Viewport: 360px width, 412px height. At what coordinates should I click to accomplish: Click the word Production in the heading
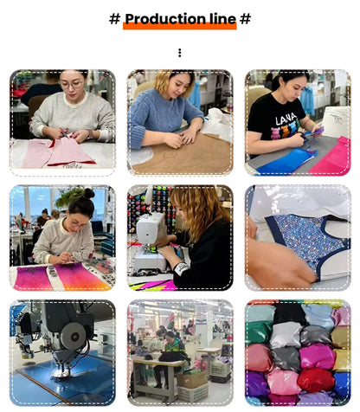point(165,19)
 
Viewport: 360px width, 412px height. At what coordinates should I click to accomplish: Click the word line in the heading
point(222,19)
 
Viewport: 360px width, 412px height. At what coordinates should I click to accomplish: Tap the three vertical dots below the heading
point(180,53)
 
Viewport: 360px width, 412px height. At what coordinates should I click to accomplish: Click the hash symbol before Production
point(114,19)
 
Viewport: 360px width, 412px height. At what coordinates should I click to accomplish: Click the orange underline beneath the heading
point(180,26)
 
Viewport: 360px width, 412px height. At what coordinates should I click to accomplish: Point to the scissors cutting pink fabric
point(65,133)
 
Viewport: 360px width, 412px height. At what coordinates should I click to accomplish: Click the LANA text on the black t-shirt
point(286,119)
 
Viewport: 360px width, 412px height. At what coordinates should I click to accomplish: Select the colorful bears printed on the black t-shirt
point(284,132)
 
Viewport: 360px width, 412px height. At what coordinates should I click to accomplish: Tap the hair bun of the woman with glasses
point(88,193)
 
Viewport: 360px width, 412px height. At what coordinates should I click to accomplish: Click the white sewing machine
point(149,242)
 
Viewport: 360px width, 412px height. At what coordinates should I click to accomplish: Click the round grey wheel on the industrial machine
point(74,335)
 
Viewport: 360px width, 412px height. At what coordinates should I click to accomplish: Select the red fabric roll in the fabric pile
point(315,379)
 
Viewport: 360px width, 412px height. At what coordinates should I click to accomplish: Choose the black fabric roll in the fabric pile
point(289,313)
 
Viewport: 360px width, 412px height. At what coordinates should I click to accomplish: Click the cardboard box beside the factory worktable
point(192,379)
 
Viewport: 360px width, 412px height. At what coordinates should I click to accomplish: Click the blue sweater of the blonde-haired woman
point(163,115)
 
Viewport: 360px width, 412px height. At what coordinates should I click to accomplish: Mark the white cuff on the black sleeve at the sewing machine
point(180,269)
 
